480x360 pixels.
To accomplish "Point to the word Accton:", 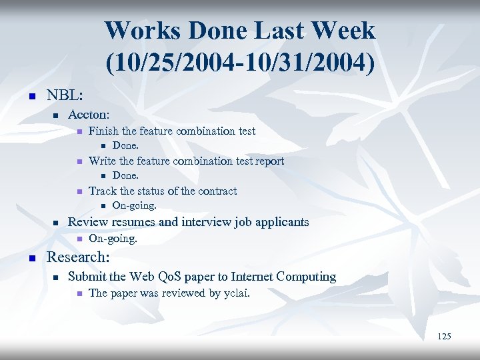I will tap(89, 115).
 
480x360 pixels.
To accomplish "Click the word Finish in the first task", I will tap(103, 131).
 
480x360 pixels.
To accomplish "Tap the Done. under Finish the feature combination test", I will tap(125, 145).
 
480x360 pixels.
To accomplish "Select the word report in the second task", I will tap(268, 161).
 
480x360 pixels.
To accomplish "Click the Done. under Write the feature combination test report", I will tap(125, 175).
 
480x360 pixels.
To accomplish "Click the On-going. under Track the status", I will tap(134, 205).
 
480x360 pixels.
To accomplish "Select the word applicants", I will tap(282, 222).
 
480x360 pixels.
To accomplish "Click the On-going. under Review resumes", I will tap(113, 238).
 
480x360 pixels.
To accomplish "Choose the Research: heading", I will tap(77, 257).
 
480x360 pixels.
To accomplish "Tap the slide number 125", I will tap(444, 337).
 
